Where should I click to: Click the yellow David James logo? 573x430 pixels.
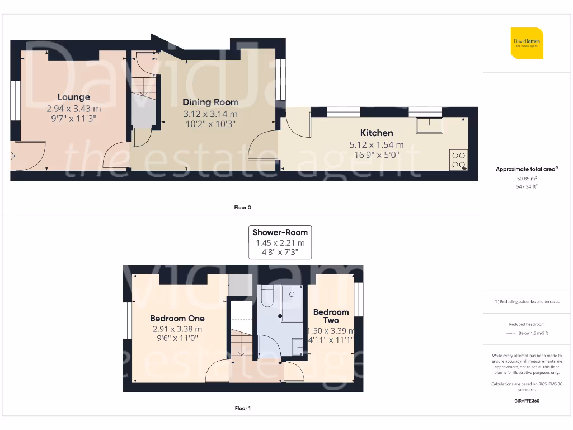(527, 43)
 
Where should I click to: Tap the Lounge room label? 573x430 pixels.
(73, 97)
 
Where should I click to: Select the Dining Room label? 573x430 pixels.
(210, 102)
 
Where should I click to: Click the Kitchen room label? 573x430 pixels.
(376, 133)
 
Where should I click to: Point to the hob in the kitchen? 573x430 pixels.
(458, 160)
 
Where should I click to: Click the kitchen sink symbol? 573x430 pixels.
(429, 125)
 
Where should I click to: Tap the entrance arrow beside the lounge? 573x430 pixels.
(12, 156)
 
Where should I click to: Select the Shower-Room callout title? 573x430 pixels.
(280, 232)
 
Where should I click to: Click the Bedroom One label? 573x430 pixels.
(177, 319)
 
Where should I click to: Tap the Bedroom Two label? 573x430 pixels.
(331, 316)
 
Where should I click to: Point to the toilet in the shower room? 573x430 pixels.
(266, 297)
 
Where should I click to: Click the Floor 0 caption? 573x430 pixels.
(242, 208)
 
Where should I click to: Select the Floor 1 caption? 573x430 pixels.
(242, 409)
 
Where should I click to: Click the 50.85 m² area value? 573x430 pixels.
(527, 179)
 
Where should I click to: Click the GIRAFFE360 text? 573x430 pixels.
(527, 401)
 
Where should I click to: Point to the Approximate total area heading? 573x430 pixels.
(526, 169)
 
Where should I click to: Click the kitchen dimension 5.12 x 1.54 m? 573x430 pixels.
(376, 144)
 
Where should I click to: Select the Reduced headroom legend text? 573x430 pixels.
(527, 324)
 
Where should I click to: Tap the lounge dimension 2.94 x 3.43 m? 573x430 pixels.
(73, 109)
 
